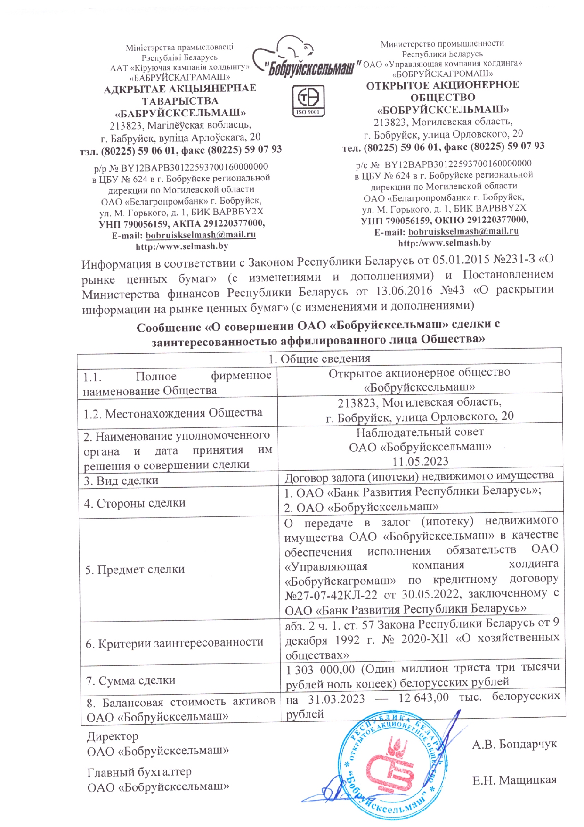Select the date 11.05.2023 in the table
(x=421, y=461)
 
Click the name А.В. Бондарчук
(x=514, y=744)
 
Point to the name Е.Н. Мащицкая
(x=514, y=780)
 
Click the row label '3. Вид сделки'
(x=121, y=481)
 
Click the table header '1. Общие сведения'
(x=319, y=359)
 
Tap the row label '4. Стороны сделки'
(x=135, y=503)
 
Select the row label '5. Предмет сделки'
(x=135, y=569)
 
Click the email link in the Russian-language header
(x=463, y=231)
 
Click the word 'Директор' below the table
(x=113, y=736)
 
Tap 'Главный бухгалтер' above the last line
(x=139, y=772)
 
